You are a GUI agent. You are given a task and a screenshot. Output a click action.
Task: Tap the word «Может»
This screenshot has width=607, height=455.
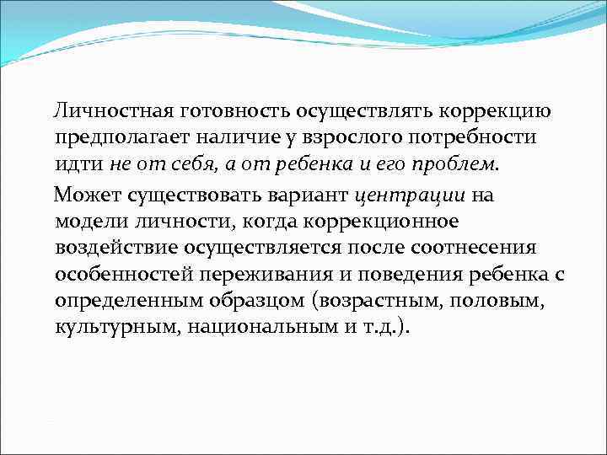(88, 198)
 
